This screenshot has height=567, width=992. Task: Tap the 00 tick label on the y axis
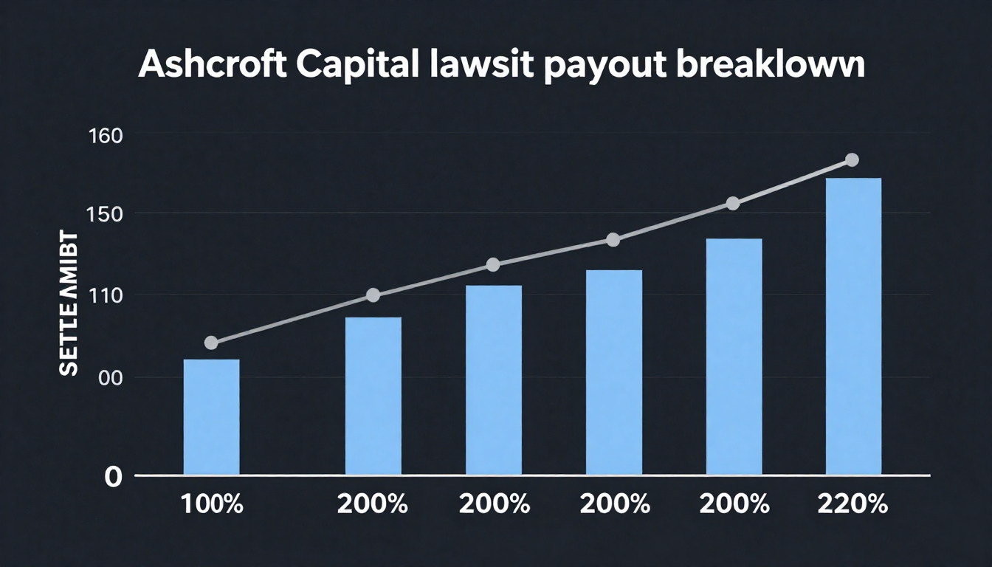tap(110, 378)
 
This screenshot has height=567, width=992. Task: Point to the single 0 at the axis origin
tap(112, 477)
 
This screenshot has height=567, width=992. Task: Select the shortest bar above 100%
tap(211, 417)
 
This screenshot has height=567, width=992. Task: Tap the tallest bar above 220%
tap(853, 326)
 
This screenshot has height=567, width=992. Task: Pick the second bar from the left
tap(373, 396)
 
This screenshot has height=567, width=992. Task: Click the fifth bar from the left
tap(734, 357)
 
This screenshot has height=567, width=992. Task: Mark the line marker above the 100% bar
tap(211, 343)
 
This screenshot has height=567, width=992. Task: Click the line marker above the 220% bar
tap(852, 160)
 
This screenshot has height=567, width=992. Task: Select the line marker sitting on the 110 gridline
tap(373, 295)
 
